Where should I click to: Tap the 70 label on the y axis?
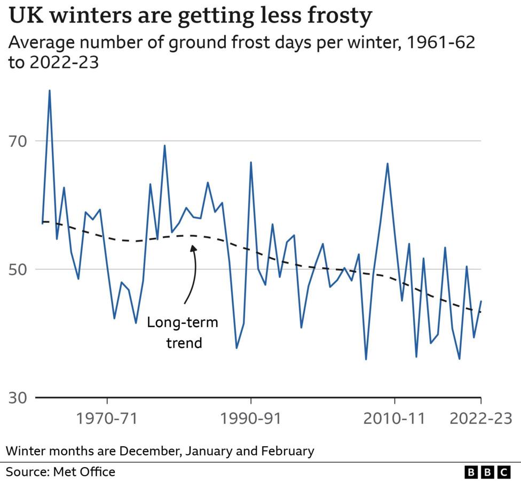click(20, 142)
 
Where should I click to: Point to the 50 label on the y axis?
click(20, 269)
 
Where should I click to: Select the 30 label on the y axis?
click(20, 398)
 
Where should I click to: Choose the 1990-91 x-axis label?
click(250, 418)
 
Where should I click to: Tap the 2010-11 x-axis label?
click(394, 418)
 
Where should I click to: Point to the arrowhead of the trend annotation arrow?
click(193, 246)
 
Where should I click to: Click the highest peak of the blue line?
click(50, 90)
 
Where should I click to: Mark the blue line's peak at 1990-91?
click(251, 162)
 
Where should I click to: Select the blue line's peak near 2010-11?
click(388, 164)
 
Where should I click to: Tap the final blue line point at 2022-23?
click(481, 301)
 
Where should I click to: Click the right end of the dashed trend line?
click(481, 312)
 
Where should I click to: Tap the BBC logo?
click(487, 471)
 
